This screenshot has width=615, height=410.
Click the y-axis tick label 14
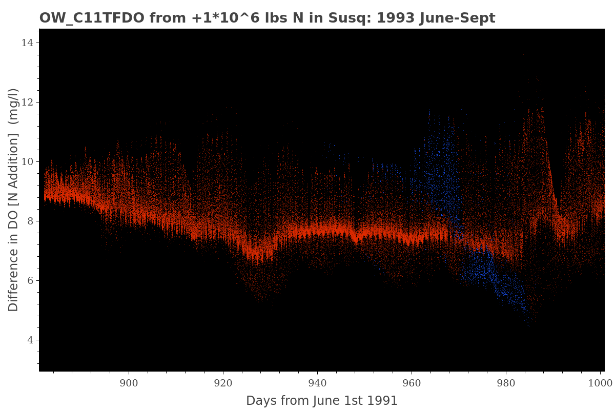coord(27,43)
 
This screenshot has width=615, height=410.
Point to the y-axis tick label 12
coord(27,102)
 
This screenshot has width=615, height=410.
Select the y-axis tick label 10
coord(27,162)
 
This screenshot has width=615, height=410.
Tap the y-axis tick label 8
coord(30,221)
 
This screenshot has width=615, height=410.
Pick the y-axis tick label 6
coord(30,281)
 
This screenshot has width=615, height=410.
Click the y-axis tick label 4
coord(30,340)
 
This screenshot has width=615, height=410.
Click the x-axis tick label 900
coord(129,382)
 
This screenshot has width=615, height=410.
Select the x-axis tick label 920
coord(223,382)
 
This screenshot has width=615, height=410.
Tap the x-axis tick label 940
coord(317,382)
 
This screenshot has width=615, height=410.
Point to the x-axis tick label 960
coord(412,382)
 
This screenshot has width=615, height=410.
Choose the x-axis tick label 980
coord(506,382)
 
